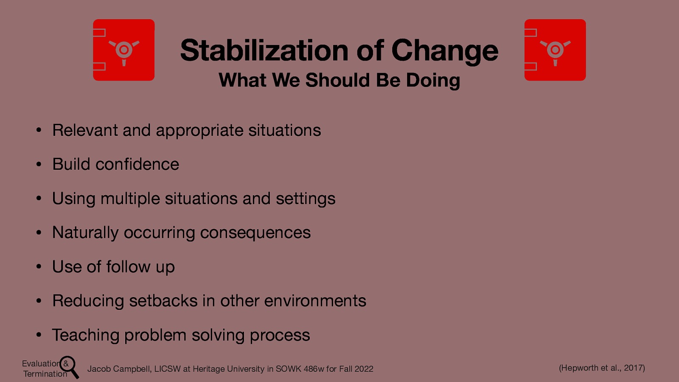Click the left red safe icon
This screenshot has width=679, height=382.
(123, 50)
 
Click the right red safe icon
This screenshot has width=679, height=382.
(555, 50)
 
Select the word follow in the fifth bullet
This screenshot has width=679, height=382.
(128, 267)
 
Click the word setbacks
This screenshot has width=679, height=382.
(163, 301)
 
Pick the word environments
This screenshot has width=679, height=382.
(315, 301)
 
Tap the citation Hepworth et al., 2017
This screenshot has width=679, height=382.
(602, 368)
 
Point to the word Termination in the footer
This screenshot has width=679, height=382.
(45, 374)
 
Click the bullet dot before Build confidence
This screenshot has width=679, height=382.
(39, 165)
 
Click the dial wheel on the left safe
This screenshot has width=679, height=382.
(124, 50)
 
